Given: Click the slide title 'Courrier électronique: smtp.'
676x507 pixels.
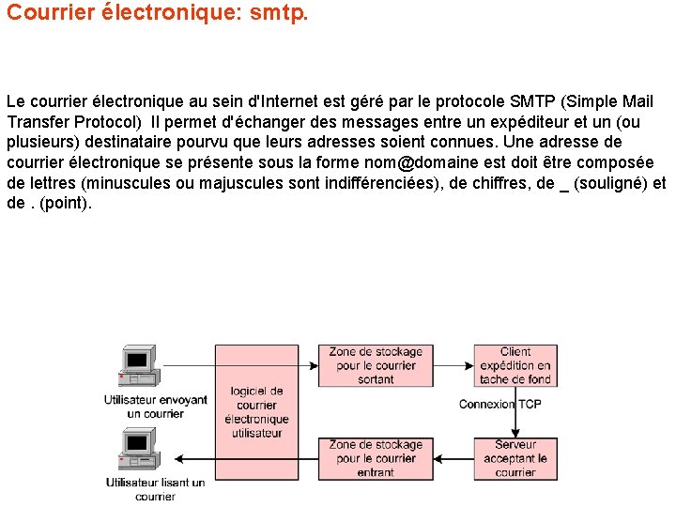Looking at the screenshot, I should click(x=157, y=15).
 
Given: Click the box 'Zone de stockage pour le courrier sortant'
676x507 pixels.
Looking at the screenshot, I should click(x=376, y=365).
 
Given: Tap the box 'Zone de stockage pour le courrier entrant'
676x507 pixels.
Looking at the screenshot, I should click(x=376, y=458).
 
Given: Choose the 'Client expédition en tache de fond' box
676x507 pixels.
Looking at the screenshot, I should click(x=515, y=365).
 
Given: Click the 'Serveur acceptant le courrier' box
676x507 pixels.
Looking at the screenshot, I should click(x=515, y=458).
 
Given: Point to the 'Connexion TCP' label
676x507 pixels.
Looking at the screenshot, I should click(x=499, y=404).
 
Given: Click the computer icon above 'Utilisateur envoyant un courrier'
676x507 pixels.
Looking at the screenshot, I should click(x=137, y=366).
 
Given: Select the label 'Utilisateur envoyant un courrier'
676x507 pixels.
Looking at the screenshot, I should click(x=155, y=407).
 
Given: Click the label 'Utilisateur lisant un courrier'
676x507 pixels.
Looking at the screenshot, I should click(x=155, y=489).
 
